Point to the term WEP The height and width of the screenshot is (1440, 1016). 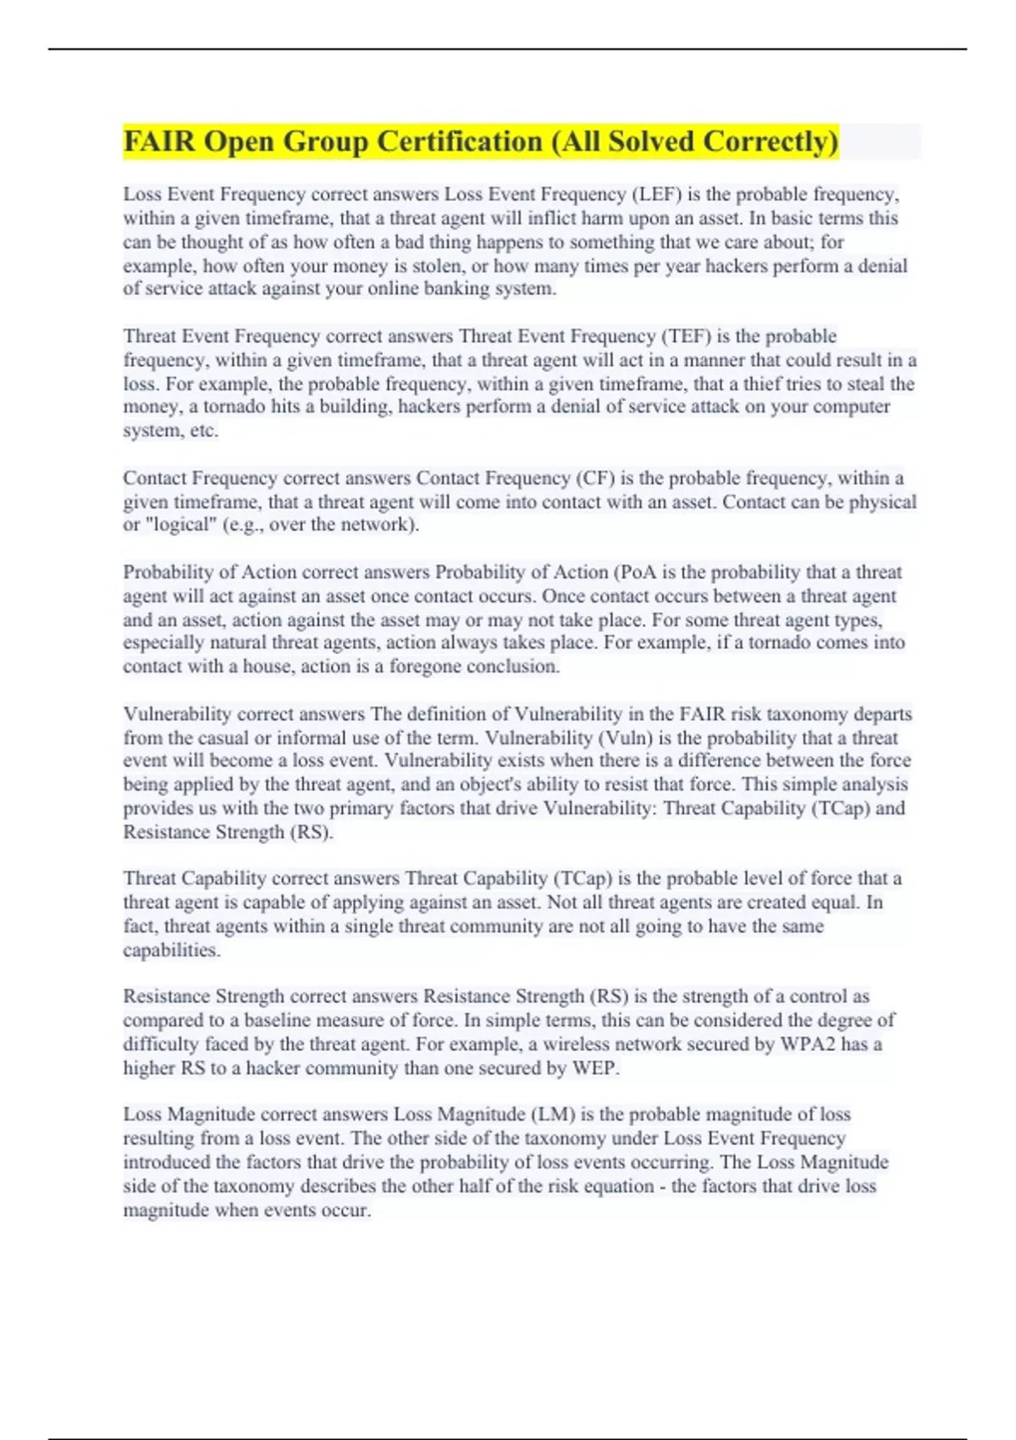pyautogui.click(x=594, y=1068)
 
